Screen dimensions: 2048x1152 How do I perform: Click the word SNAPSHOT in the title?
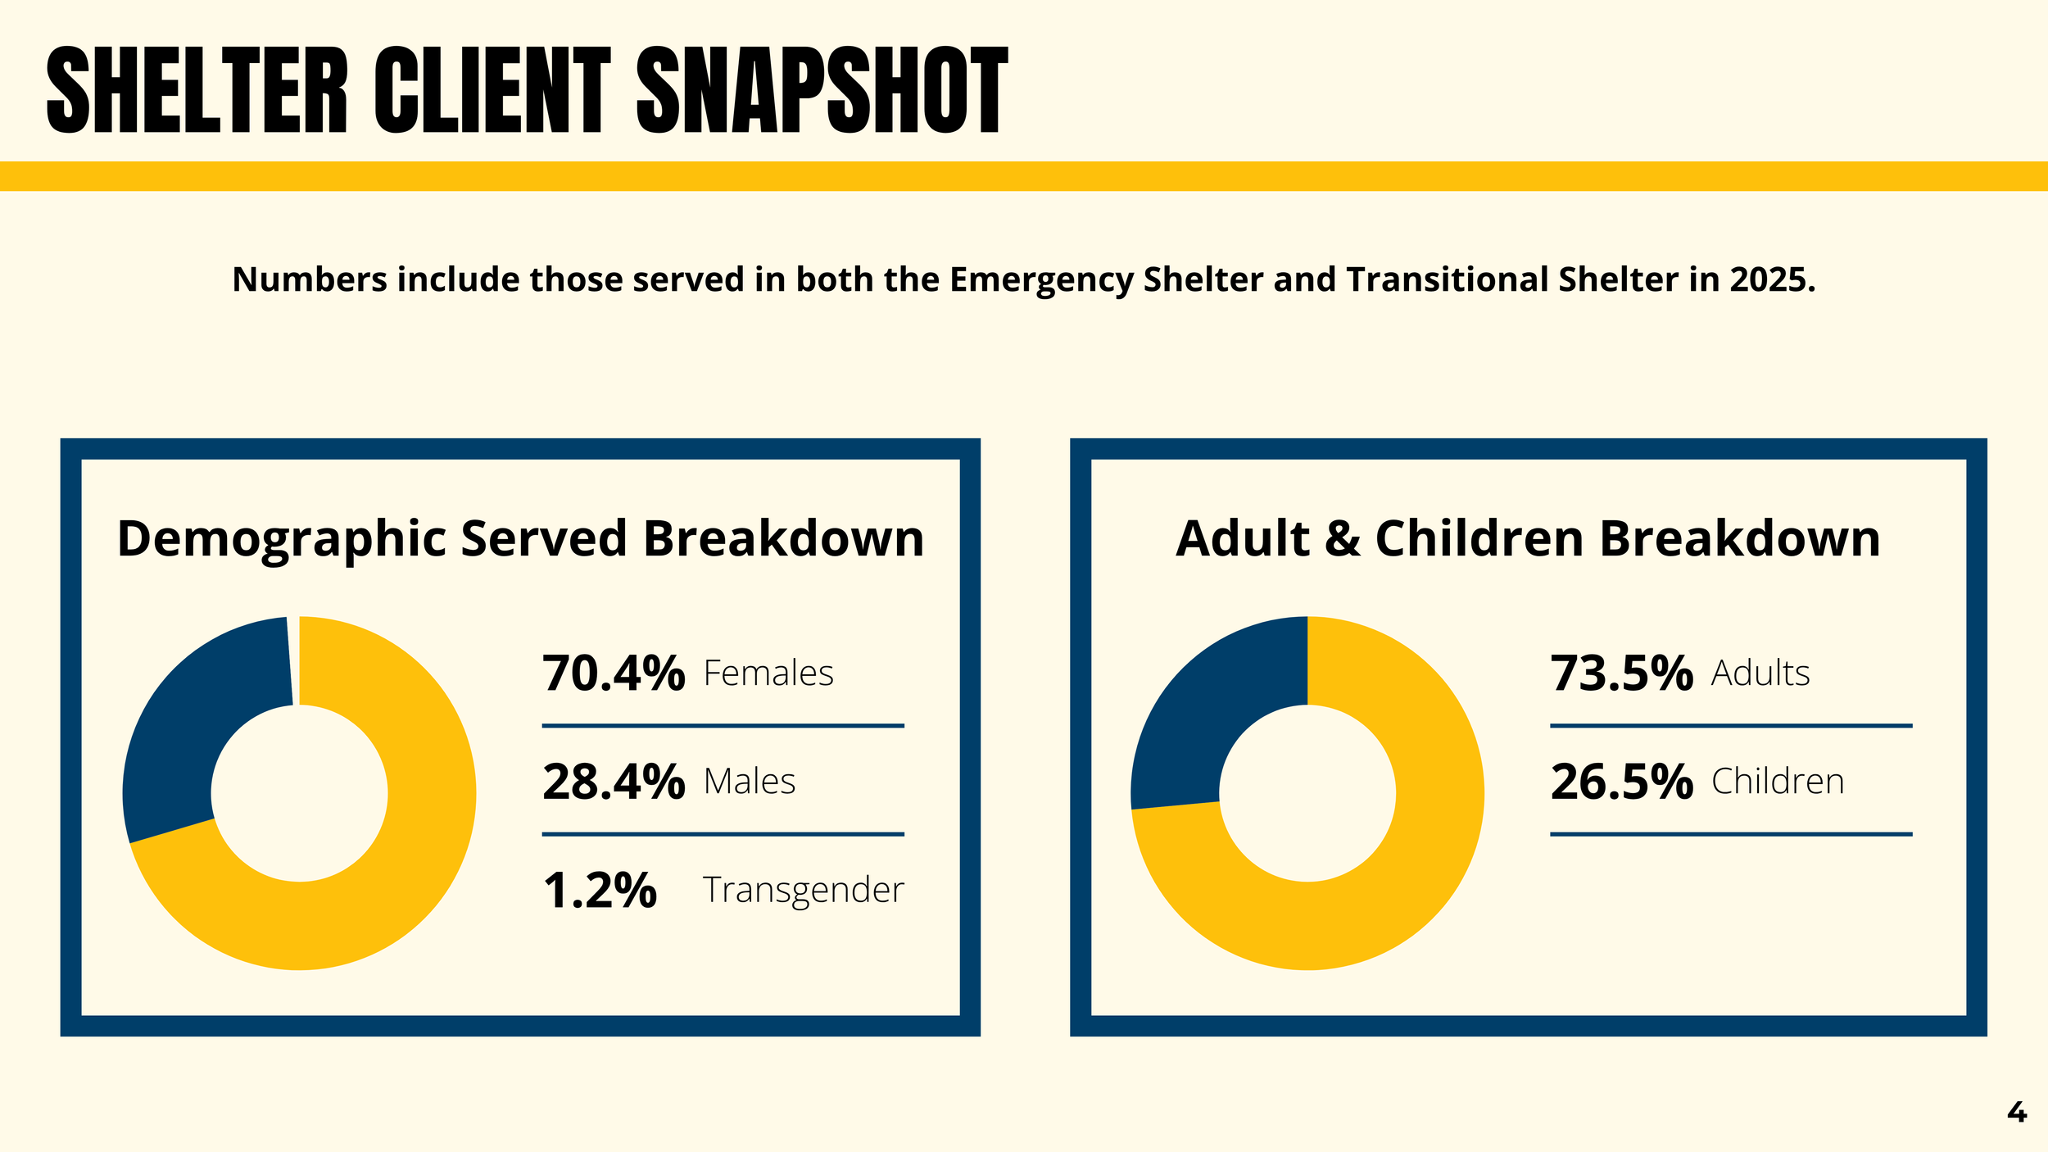(x=822, y=89)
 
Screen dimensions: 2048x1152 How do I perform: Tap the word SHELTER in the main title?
(x=197, y=89)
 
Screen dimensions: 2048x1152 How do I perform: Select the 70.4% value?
(x=614, y=674)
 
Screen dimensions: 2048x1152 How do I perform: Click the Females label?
(x=768, y=674)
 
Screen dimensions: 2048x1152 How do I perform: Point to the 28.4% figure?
(x=614, y=782)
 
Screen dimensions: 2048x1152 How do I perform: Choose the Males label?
(x=750, y=782)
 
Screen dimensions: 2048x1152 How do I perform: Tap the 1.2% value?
(x=600, y=890)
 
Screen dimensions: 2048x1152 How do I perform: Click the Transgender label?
(x=804, y=891)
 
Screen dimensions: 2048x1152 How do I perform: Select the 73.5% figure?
(x=1622, y=674)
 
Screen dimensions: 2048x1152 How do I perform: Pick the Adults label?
(x=1760, y=674)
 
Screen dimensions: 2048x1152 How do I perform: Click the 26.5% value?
(x=1622, y=782)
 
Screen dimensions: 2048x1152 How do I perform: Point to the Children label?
(x=1778, y=782)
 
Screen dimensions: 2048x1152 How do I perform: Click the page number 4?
(x=2017, y=1113)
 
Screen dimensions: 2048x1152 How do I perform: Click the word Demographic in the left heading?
(x=282, y=540)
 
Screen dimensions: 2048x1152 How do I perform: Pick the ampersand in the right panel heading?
(x=1343, y=539)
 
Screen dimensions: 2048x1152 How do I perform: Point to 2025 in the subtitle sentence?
(x=1773, y=279)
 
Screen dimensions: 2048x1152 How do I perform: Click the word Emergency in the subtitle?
(x=1042, y=281)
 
